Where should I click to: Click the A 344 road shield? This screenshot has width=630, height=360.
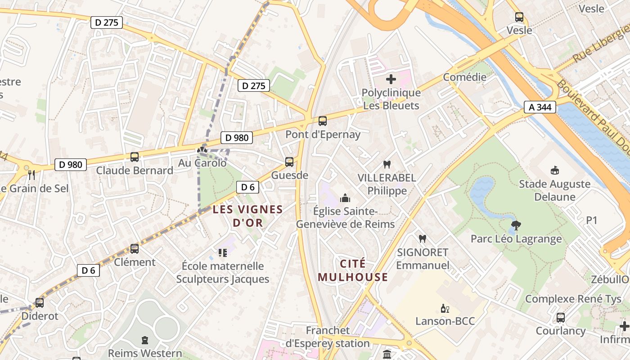pyautogui.click(x=540, y=107)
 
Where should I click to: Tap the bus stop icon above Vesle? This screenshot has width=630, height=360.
pyautogui.click(x=519, y=17)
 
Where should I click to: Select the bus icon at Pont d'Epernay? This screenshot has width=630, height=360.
pyautogui.click(x=322, y=121)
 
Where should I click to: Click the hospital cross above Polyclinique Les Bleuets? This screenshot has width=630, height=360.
pyautogui.click(x=391, y=80)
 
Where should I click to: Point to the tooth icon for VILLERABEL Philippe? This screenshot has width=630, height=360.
pyautogui.click(x=387, y=165)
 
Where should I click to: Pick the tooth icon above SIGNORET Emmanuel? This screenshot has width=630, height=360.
pyautogui.click(x=422, y=239)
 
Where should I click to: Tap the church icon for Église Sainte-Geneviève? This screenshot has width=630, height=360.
pyautogui.click(x=345, y=198)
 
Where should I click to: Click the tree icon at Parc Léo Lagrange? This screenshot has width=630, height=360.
pyautogui.click(x=516, y=225)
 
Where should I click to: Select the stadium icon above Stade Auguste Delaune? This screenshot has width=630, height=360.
pyautogui.click(x=554, y=171)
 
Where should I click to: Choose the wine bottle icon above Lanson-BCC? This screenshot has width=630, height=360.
pyautogui.click(x=445, y=308)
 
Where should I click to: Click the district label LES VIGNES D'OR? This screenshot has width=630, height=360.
pyautogui.click(x=247, y=216)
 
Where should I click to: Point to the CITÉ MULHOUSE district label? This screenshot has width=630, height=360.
pyautogui.click(x=353, y=270)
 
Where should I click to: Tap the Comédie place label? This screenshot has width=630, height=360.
pyautogui.click(x=464, y=77)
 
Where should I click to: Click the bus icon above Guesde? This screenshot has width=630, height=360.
pyautogui.click(x=289, y=162)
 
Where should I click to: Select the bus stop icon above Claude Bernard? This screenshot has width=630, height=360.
pyautogui.click(x=134, y=157)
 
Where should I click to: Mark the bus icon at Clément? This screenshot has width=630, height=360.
pyautogui.click(x=134, y=249)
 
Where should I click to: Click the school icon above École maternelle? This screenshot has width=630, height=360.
pyautogui.click(x=222, y=253)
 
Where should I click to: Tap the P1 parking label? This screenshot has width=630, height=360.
pyautogui.click(x=591, y=220)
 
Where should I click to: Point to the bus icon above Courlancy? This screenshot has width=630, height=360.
pyautogui.click(x=560, y=318)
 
